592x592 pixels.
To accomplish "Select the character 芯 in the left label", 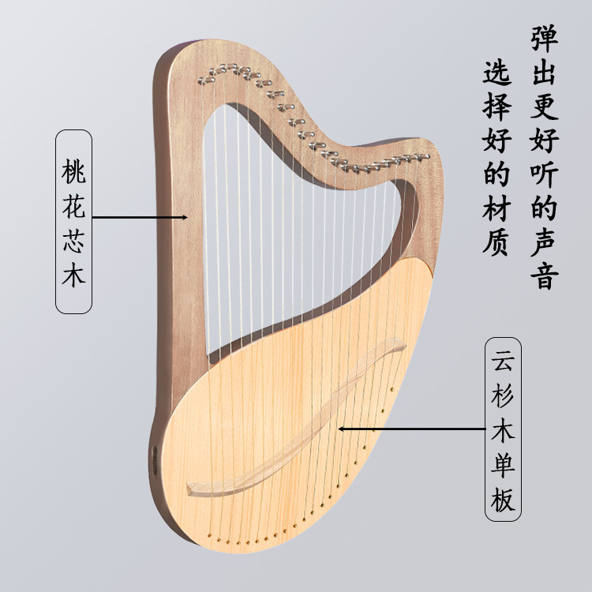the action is [x=73, y=242].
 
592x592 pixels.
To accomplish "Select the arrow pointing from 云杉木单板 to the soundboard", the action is [x=410, y=429].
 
